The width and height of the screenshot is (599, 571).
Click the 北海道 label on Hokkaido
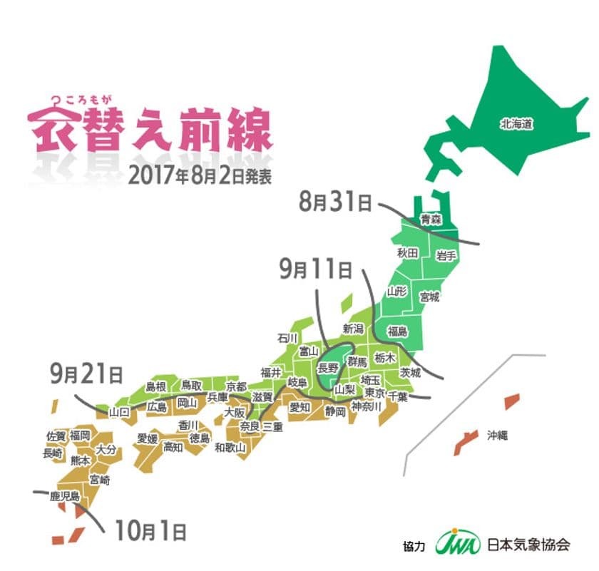517,125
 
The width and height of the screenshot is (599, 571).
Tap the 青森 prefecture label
430,220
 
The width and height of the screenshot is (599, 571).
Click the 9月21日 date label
86,373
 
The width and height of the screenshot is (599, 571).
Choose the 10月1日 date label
148,530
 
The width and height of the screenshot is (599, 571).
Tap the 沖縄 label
497,435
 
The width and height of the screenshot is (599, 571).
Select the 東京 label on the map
375,395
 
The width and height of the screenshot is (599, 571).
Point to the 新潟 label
354,329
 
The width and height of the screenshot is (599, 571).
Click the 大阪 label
235,413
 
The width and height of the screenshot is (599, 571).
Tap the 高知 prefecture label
173,447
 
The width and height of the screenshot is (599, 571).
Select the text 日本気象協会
528,545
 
